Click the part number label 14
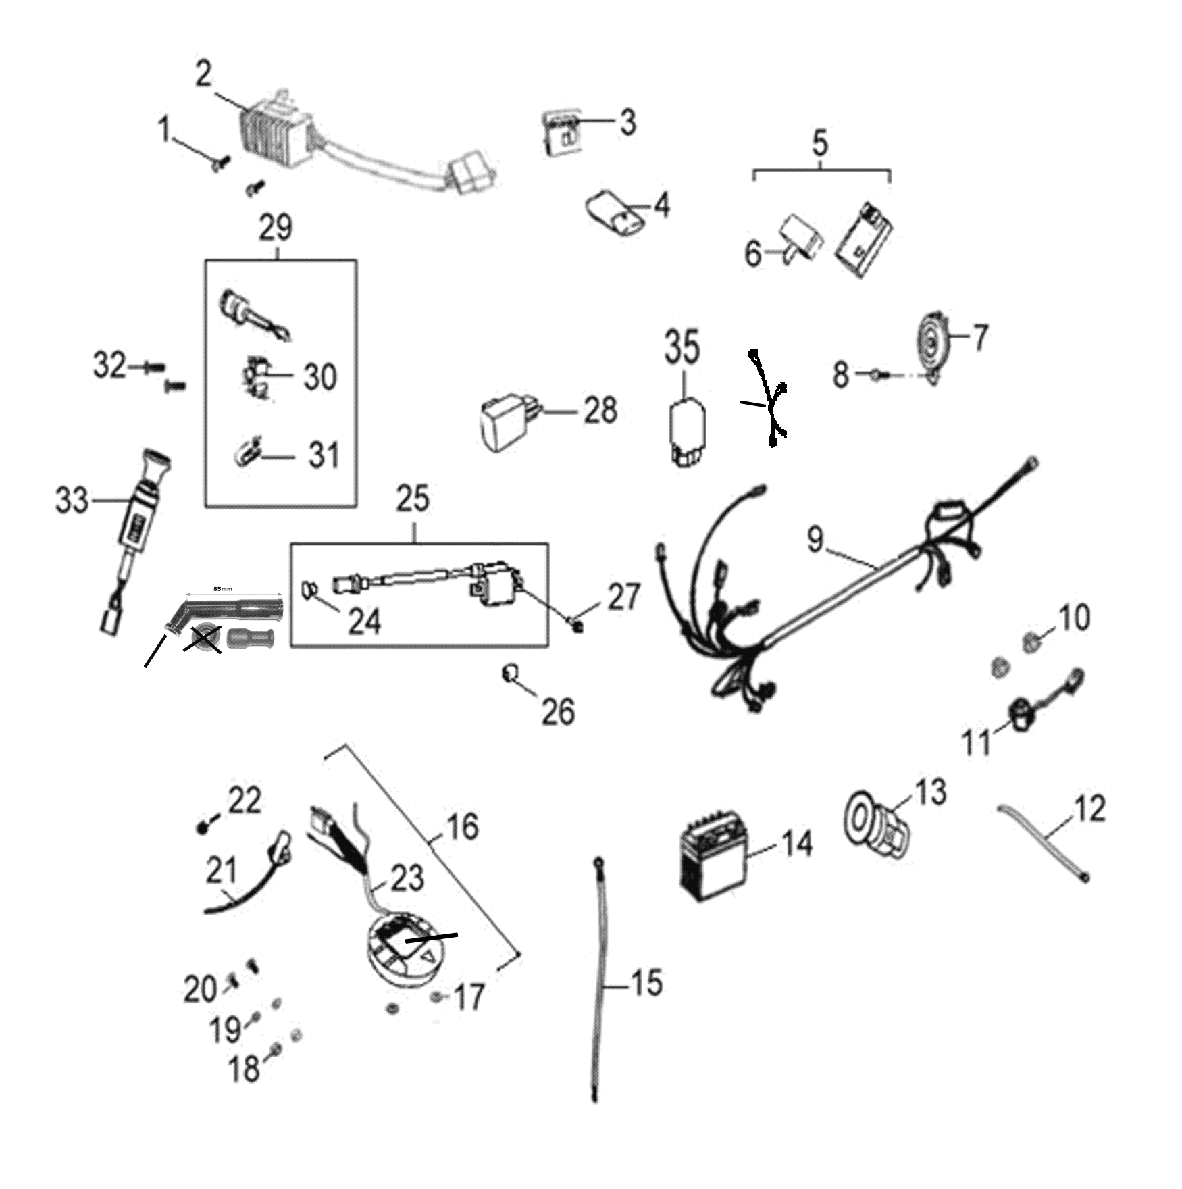point(798,844)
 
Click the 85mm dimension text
point(222,589)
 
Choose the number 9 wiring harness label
point(816,539)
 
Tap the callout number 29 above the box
point(276,228)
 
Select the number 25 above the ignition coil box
point(413,499)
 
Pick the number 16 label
point(463,827)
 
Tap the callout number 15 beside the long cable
point(646,984)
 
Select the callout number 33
point(72,501)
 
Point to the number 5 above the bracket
point(819,143)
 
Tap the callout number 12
point(1088,809)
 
